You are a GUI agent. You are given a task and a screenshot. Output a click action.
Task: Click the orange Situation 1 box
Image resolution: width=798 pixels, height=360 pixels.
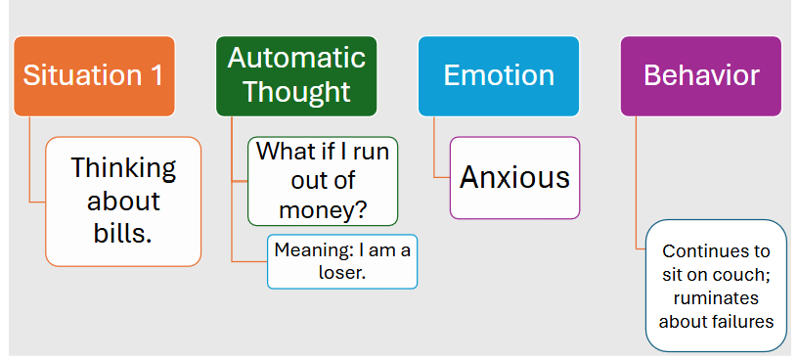click(94, 75)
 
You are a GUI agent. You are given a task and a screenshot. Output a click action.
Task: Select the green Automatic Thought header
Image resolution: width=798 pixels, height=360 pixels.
click(296, 75)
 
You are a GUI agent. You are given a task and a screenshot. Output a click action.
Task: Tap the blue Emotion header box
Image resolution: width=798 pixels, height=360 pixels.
click(499, 75)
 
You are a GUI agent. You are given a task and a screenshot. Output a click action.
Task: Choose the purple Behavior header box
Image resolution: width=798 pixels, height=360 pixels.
click(701, 75)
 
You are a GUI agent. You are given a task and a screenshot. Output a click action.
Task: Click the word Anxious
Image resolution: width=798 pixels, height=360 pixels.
click(514, 177)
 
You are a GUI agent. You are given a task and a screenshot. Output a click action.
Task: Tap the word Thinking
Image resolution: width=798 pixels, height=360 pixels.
click(123, 168)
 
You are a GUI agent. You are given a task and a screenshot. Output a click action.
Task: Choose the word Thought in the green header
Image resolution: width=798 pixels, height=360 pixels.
click(296, 92)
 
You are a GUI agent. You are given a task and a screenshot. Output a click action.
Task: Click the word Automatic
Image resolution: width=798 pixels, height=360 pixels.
click(296, 58)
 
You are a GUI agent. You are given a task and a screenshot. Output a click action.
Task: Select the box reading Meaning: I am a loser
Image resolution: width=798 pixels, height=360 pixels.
click(342, 261)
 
